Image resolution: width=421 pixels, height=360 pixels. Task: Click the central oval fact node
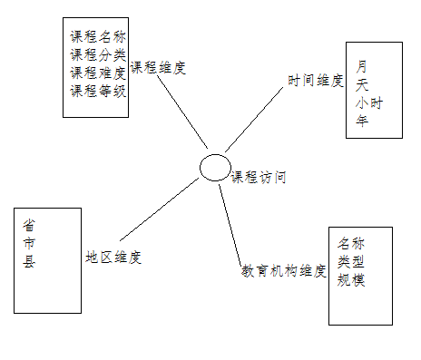tap(215, 167)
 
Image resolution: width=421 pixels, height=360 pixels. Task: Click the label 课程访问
tap(259, 178)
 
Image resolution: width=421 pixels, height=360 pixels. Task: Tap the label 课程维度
tap(158, 67)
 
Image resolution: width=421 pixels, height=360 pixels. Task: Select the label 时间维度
tap(316, 81)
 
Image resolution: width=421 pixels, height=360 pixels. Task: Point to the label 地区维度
tap(113, 257)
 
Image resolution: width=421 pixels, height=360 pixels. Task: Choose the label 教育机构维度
tap(283, 270)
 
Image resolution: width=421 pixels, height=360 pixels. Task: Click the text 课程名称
tap(98, 38)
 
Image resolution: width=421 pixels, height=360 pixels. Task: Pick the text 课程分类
tap(98, 55)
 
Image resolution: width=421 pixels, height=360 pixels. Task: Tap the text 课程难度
tap(98, 73)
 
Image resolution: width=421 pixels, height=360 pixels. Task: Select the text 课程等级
tap(98, 90)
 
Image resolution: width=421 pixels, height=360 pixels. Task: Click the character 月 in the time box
tap(362, 66)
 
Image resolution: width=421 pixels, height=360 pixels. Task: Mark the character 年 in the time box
tap(362, 122)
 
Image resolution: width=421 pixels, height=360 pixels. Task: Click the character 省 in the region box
tap(30, 226)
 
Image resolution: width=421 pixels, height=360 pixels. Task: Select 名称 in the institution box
tap(351, 244)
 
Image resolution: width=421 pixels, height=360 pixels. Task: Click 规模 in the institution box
tap(351, 280)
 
